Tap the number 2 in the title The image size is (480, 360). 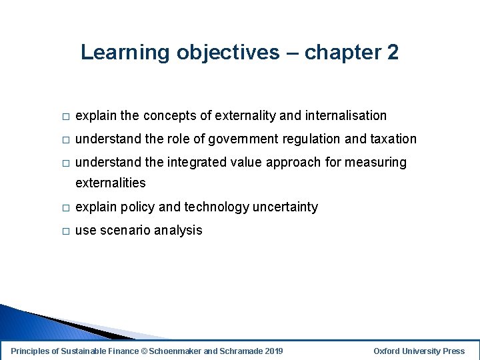(391, 53)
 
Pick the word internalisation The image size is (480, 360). (345, 115)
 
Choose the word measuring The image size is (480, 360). (375, 162)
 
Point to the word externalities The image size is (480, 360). (110, 183)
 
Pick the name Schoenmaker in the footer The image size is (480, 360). (175, 351)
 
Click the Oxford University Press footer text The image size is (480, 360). (419, 351)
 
